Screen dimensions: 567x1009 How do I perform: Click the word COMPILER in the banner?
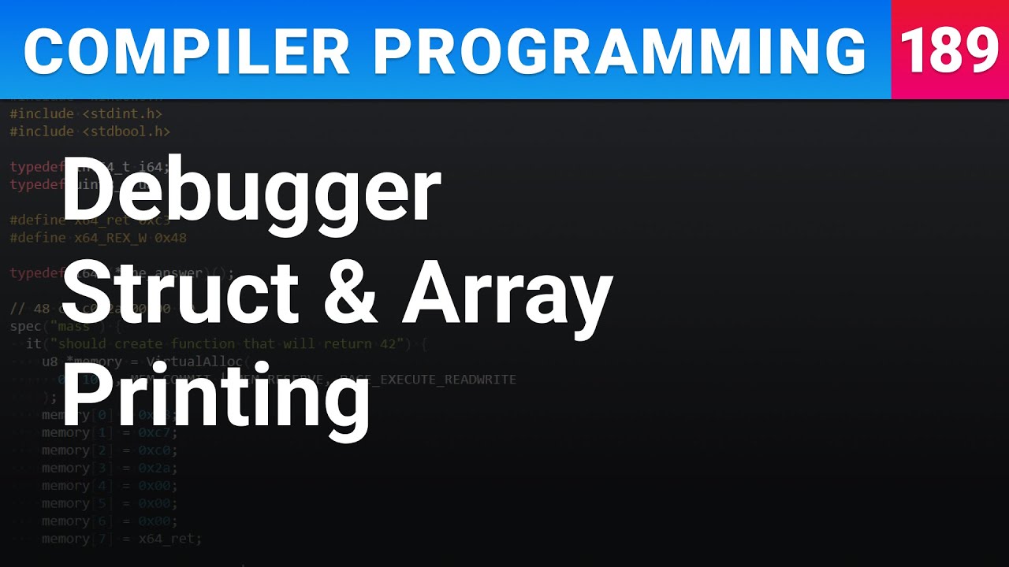coord(186,52)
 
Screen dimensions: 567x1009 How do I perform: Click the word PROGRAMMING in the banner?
coord(620,52)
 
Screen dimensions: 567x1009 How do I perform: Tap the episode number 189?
coord(949,50)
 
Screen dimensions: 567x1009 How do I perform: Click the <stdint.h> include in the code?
coord(122,113)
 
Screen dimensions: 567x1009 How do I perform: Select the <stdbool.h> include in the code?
coord(126,131)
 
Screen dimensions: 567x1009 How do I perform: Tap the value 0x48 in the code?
coord(170,237)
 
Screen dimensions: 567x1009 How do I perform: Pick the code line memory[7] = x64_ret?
coord(122,539)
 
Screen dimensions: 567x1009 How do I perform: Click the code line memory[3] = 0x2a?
coord(110,468)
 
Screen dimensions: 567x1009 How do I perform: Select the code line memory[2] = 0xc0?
coord(110,450)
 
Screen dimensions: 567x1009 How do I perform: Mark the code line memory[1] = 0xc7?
coord(110,432)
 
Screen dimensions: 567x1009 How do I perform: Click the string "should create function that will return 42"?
coord(230,343)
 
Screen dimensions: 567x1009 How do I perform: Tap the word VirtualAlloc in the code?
coord(197,361)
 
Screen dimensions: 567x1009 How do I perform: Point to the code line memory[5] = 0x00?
coord(110,503)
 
